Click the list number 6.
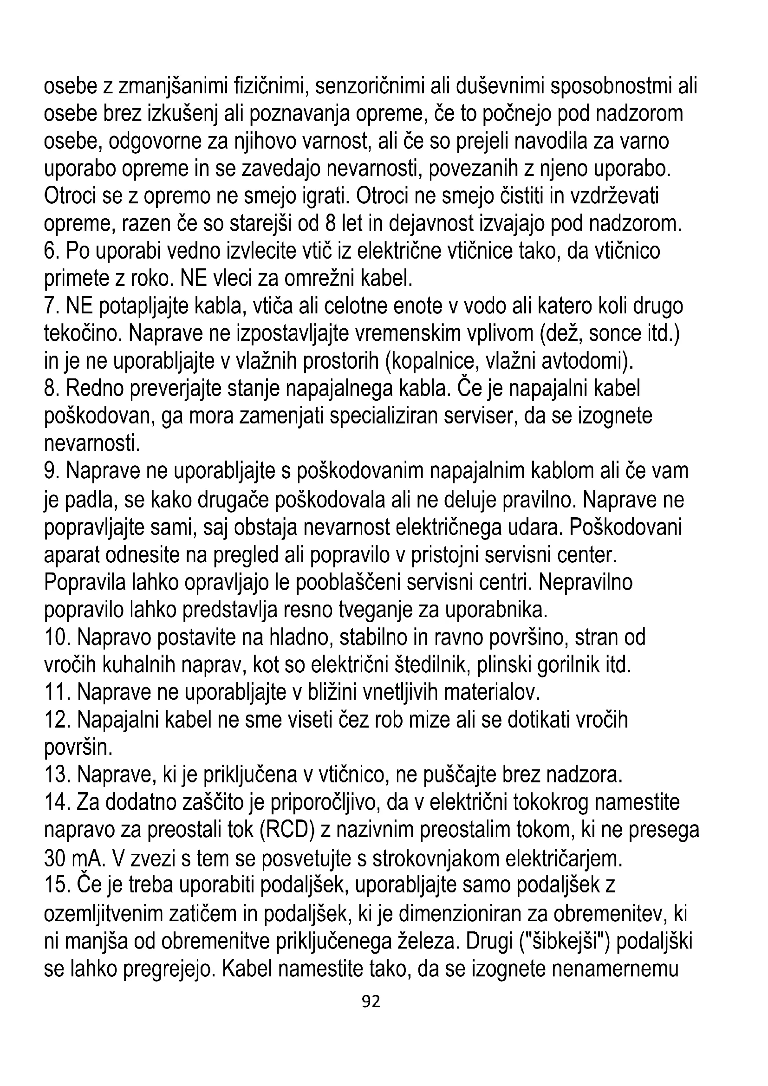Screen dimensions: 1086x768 [52, 251]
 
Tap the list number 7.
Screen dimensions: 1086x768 [52, 306]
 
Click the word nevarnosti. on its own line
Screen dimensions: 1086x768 [92, 444]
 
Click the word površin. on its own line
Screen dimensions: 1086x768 [78, 748]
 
